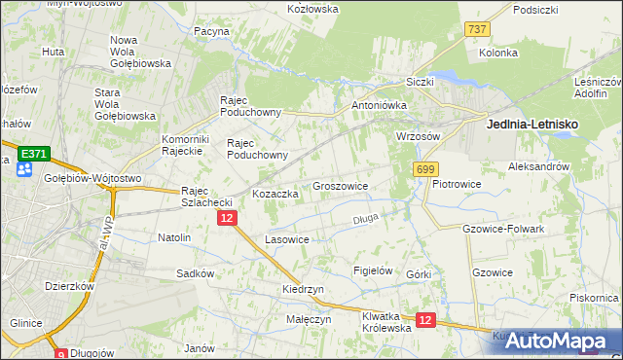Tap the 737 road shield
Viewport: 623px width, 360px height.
[x=477, y=30]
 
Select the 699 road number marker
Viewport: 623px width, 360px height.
[x=424, y=169]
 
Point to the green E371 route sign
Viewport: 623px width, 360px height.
[x=34, y=155]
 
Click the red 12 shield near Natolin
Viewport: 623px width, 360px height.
[x=226, y=219]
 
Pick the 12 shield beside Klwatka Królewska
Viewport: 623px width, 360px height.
[x=424, y=319]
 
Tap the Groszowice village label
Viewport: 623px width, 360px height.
[x=340, y=185]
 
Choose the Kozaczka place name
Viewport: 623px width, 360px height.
[x=275, y=194]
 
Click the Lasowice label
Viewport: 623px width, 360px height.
[x=287, y=239]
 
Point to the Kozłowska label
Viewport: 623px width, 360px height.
[x=312, y=9]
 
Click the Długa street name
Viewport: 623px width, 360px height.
[x=365, y=219]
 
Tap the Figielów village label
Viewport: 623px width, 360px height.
[x=372, y=270]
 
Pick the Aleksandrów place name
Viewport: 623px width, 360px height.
[x=538, y=167]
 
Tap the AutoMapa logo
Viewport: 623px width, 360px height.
[x=564, y=342]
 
